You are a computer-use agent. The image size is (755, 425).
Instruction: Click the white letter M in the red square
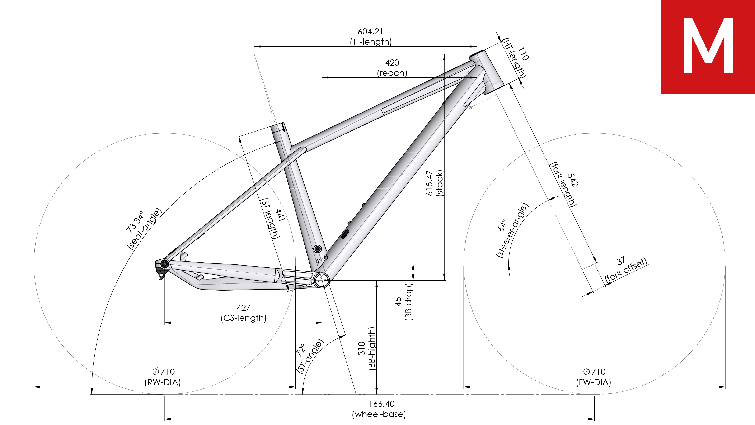coord(708,46)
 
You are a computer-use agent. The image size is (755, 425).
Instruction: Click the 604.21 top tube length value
coord(370,31)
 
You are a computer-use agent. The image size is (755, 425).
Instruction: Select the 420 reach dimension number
coord(392,63)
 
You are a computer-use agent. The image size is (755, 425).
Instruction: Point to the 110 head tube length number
coord(523,54)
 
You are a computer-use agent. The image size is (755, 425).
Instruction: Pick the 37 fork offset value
coord(620,261)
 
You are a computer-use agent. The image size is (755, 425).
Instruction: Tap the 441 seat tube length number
coord(280,215)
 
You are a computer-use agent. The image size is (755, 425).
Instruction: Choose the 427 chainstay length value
coord(244,307)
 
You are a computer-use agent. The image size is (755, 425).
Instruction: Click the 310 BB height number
coord(362,349)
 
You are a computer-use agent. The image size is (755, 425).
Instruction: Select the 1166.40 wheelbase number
coord(379,404)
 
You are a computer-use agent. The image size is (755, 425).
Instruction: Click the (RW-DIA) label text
coord(163,382)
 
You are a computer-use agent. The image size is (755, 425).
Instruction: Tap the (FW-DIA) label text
coord(594,382)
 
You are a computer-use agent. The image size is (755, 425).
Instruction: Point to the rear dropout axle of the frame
coord(165,264)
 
